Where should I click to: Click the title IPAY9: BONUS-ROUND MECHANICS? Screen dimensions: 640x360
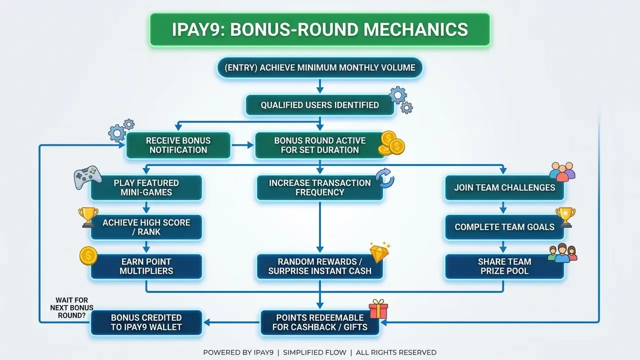[x=319, y=29]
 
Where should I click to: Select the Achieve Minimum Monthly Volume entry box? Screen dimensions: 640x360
[x=319, y=67]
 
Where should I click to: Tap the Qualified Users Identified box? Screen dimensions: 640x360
[x=319, y=105]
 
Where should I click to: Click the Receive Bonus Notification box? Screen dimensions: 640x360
[x=178, y=145]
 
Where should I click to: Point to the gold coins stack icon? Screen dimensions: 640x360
[x=391, y=143]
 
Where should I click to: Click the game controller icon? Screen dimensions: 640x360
[x=87, y=177]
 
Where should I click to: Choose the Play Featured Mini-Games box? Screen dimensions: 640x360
[x=146, y=187]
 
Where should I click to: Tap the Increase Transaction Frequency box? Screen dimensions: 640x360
[x=319, y=187]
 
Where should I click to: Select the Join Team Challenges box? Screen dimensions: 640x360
[x=504, y=187]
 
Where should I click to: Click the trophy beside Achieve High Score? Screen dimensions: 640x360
[x=88, y=217]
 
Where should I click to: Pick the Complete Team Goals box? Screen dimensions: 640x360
[x=504, y=227]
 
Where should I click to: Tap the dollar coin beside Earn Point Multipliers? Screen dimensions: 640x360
[x=88, y=256]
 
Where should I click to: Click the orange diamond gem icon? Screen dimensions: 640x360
[x=379, y=252]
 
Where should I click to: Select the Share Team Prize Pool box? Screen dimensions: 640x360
[x=504, y=266]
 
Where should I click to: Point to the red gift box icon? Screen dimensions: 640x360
[x=378, y=309]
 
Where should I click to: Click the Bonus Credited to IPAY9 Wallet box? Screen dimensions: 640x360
[x=146, y=322]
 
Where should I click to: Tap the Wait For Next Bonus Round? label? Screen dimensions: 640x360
[x=71, y=307]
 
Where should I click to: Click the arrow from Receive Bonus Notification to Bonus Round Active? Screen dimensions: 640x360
[x=242, y=145]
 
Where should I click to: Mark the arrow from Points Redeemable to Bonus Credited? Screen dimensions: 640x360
[x=231, y=322]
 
